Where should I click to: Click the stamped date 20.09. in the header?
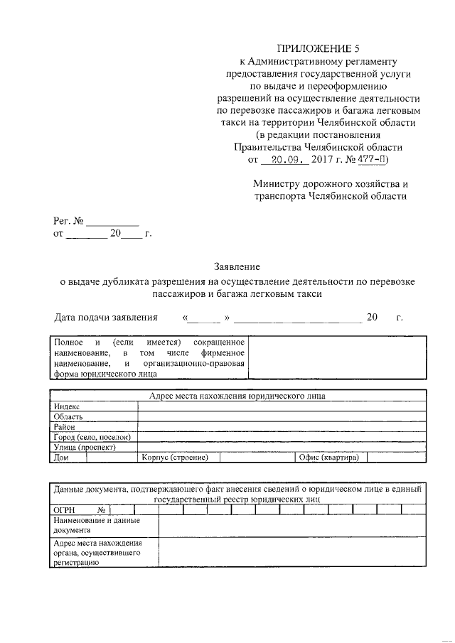pos(284,161)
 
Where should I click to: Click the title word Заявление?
pos(237,267)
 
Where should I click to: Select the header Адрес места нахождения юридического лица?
pos(237,396)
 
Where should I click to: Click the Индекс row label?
pos(67,406)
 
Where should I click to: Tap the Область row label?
pos(68,416)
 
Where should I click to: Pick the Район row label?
pos(65,427)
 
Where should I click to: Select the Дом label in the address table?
pos(60,458)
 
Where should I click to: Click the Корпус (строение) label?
pos(174,458)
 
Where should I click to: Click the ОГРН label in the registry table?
pos(65,510)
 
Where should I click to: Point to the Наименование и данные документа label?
pos(97,525)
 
